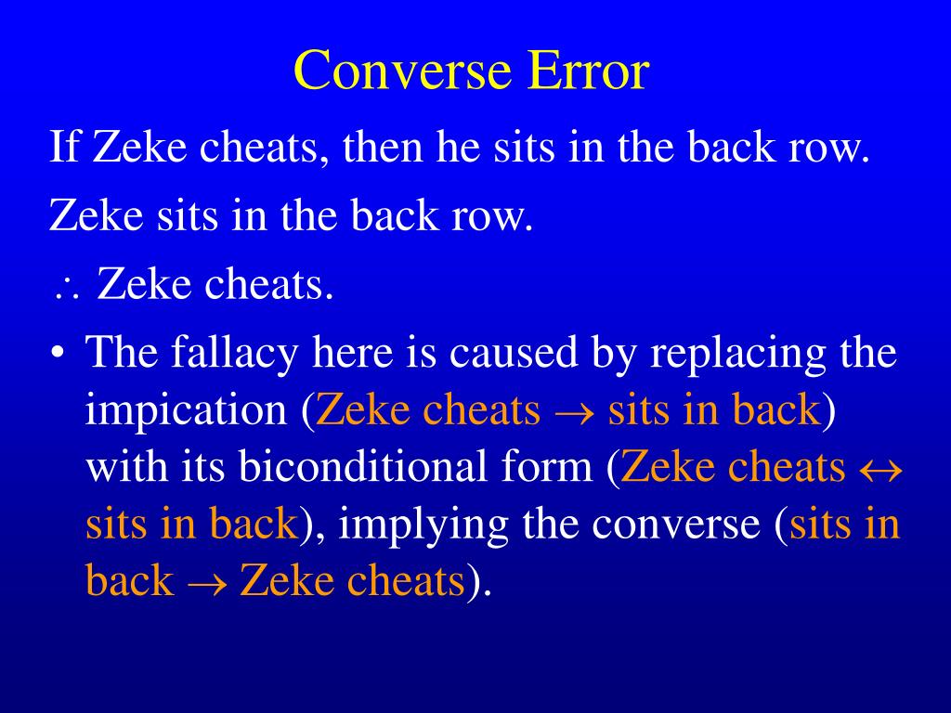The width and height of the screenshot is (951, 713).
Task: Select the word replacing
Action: (x=693, y=354)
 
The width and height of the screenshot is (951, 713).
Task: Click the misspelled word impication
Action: (x=186, y=410)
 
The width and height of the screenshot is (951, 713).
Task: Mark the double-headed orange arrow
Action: (x=877, y=469)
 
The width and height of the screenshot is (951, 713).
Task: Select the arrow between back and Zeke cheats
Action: (x=206, y=583)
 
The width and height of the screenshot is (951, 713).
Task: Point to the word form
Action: (x=556, y=467)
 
